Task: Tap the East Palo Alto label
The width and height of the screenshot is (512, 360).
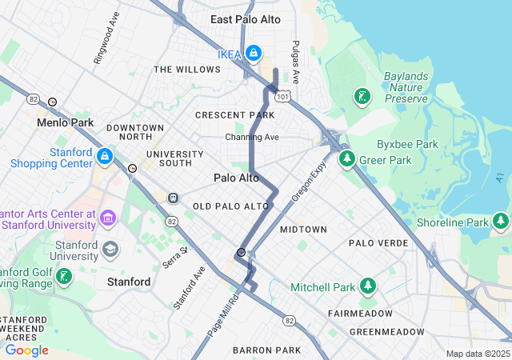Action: [x=246, y=19]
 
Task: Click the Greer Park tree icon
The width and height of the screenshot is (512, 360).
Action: [x=347, y=159]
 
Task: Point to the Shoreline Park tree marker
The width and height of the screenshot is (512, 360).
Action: [x=501, y=221]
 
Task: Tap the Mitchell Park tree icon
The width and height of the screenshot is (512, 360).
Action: [x=367, y=286]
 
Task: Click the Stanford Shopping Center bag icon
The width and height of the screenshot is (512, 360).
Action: [x=104, y=155]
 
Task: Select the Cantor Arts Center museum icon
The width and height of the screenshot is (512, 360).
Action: [x=108, y=218]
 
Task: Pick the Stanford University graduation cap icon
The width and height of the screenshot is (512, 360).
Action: [x=110, y=250]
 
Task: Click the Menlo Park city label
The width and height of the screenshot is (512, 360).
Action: [x=65, y=123]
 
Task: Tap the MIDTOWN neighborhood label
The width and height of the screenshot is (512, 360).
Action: [x=303, y=230]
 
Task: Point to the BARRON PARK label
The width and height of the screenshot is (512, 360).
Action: [x=266, y=350]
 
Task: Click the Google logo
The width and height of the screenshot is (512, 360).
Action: [x=26, y=350]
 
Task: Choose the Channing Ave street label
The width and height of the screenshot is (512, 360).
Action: [x=251, y=138]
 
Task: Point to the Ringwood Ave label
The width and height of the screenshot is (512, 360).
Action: [x=106, y=38]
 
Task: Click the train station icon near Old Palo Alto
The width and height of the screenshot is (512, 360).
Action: [x=173, y=198]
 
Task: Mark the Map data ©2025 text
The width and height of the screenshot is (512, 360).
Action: [x=477, y=354]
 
